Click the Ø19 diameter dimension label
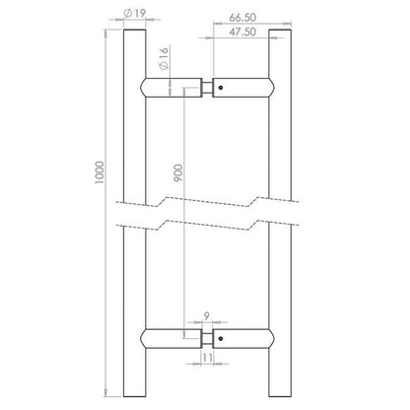coord(135,13)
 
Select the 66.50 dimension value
coord(242,18)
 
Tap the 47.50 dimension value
coord(242,32)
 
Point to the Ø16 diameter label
coord(164,58)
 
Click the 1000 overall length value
coord(100,172)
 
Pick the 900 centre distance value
coord(177,173)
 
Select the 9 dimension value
coord(206,316)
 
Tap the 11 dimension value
coord(207,357)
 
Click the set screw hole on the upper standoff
coord(221,88)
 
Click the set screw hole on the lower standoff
coord(221,338)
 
